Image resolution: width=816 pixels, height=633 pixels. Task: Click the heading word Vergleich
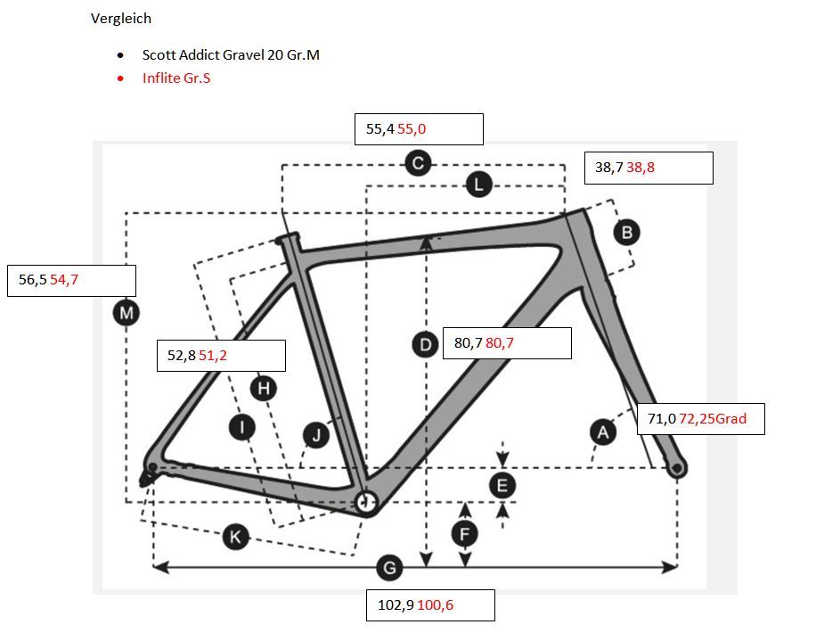click(x=121, y=19)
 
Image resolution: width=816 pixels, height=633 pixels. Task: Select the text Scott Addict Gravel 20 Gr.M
click(x=231, y=54)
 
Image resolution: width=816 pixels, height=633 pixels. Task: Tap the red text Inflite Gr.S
click(x=176, y=78)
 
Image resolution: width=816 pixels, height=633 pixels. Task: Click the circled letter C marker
click(x=417, y=163)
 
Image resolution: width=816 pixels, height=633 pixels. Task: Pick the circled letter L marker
click(x=478, y=185)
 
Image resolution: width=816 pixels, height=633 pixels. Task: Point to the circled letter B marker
click(x=626, y=232)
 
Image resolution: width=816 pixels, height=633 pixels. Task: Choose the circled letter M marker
click(x=126, y=313)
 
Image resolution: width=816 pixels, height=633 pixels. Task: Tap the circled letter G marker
click(x=388, y=567)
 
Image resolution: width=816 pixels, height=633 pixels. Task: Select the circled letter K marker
click(x=235, y=537)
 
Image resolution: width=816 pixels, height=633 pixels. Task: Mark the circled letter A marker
click(x=603, y=432)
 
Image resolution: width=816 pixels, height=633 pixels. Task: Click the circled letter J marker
click(x=315, y=435)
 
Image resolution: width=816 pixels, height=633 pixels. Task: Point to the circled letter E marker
click(x=503, y=486)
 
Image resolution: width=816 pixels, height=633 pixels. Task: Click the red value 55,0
click(x=412, y=129)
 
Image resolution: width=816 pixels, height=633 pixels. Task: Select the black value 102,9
click(x=395, y=604)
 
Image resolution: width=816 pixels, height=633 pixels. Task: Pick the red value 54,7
click(x=64, y=280)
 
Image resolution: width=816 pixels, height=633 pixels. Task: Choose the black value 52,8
click(x=181, y=355)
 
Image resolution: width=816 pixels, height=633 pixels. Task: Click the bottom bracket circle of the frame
click(x=366, y=501)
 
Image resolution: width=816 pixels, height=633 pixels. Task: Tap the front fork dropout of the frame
click(x=678, y=466)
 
